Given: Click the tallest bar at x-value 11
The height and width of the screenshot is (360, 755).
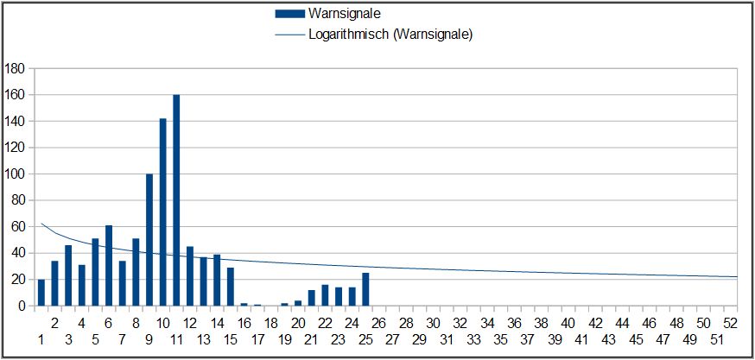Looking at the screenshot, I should pyautogui.click(x=176, y=200).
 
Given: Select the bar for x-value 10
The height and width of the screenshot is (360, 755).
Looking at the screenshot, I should pyautogui.click(x=163, y=212).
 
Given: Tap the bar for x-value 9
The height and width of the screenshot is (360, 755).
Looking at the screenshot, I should pyautogui.click(x=149, y=240).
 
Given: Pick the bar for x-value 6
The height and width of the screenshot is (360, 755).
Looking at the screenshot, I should pyautogui.click(x=109, y=266).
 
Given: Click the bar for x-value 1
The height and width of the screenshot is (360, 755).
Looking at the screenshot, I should pyautogui.click(x=41, y=293).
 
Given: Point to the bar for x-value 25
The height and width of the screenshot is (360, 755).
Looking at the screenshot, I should pyautogui.click(x=365, y=289).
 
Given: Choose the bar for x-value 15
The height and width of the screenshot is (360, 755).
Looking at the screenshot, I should pyautogui.click(x=231, y=287).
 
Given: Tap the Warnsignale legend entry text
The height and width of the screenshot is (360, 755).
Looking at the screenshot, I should pyautogui.click(x=345, y=14).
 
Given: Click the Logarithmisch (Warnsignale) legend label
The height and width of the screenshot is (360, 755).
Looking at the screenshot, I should pyautogui.click(x=390, y=35).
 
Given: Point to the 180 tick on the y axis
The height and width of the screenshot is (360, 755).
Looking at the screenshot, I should pyautogui.click(x=16, y=68).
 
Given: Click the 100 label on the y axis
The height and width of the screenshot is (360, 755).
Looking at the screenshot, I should pyautogui.click(x=16, y=174).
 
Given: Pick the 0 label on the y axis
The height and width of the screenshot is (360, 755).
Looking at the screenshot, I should pyautogui.click(x=22, y=306).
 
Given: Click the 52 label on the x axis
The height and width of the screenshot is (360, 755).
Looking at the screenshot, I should pyautogui.click(x=730, y=322).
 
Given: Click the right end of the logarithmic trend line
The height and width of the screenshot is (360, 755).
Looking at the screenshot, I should pyautogui.click(x=737, y=277).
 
